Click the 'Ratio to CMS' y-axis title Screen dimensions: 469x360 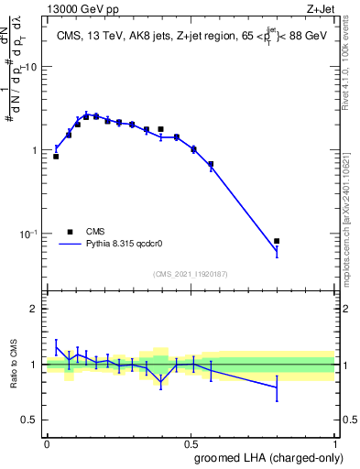click(x=15, y=365)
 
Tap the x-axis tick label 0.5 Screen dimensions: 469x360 click(x=191, y=442)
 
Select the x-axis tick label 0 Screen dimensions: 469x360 click(x=47, y=442)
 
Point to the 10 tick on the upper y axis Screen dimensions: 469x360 click(x=30, y=67)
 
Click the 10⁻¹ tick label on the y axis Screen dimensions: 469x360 click(x=27, y=234)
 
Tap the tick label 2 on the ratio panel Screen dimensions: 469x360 click(x=34, y=309)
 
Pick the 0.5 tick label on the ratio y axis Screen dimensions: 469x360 click(x=29, y=420)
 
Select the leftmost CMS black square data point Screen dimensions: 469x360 click(x=56, y=157)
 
